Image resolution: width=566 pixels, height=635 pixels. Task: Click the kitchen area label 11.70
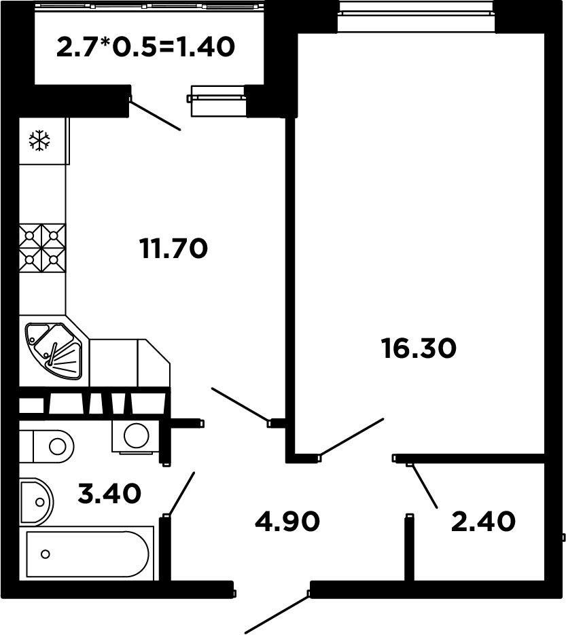click(x=173, y=249)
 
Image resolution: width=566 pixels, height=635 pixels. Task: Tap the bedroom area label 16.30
click(x=419, y=348)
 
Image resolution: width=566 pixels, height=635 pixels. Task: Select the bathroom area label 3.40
click(x=109, y=494)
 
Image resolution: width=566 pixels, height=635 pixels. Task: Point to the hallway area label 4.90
click(x=287, y=521)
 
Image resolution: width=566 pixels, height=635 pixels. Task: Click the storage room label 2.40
click(x=483, y=521)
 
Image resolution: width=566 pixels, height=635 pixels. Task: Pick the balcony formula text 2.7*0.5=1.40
click(x=146, y=47)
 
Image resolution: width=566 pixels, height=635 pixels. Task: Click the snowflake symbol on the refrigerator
click(x=39, y=141)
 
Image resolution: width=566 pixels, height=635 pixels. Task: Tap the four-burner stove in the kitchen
click(x=42, y=248)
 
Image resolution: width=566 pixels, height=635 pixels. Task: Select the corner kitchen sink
click(x=54, y=351)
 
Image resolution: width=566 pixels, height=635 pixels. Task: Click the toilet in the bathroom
click(x=47, y=447)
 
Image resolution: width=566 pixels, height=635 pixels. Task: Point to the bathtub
click(x=87, y=554)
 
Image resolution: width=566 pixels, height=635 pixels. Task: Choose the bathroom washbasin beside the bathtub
click(x=36, y=502)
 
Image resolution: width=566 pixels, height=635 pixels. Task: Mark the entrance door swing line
click(x=277, y=613)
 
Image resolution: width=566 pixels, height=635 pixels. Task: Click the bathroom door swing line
click(x=181, y=494)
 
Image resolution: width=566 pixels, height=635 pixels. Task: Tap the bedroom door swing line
click(x=352, y=437)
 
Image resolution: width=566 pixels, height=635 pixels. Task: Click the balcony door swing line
click(x=155, y=115)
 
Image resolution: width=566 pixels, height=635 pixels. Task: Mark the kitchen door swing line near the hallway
click(x=240, y=405)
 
